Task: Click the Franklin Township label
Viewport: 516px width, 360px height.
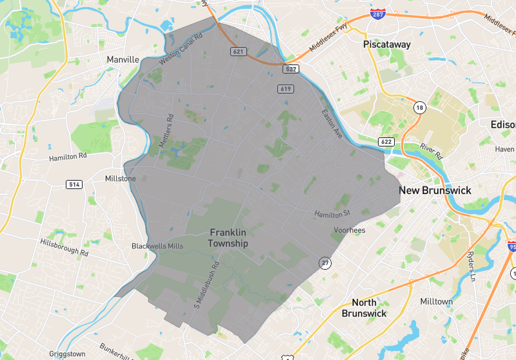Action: click(x=228, y=237)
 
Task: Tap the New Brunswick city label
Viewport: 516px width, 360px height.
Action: click(x=435, y=190)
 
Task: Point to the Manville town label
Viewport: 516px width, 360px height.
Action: click(x=123, y=59)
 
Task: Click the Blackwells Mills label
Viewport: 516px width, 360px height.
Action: click(x=157, y=246)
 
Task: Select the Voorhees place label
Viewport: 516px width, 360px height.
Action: click(x=350, y=230)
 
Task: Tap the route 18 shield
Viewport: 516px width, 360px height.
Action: click(x=420, y=108)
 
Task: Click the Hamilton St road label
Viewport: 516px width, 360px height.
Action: click(x=332, y=213)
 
